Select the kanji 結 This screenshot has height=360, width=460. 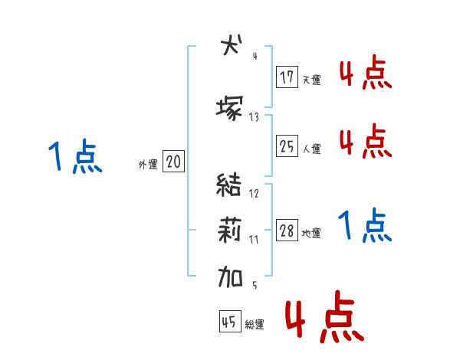229,185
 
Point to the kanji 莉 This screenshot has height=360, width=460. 229,229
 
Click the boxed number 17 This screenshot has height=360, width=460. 287,77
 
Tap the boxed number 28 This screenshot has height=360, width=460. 287,231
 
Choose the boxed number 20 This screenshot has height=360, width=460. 173,162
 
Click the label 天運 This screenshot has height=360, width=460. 311,80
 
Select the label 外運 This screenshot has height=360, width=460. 148,164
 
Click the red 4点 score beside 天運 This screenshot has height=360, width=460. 365,74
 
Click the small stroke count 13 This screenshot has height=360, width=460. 254,117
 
